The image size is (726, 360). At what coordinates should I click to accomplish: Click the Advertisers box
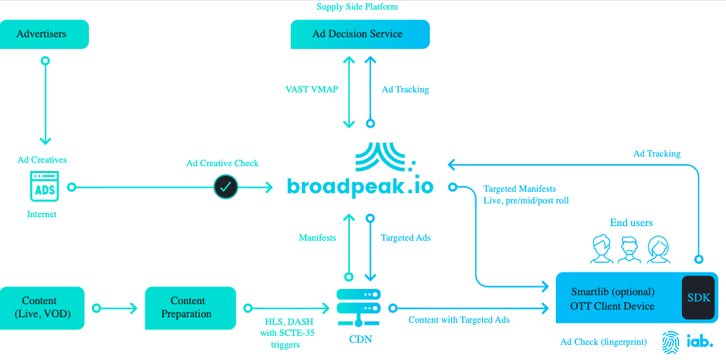pos(45,34)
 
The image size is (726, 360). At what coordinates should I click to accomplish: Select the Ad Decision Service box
pos(360,34)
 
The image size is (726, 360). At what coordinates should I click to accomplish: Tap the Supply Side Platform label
pos(357,7)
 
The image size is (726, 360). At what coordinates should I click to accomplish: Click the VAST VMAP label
pos(312,90)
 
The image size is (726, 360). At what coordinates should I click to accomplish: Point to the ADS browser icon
pos(45,187)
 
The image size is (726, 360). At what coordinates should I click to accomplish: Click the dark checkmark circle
pos(225,187)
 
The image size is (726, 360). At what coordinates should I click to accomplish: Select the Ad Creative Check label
pos(222,163)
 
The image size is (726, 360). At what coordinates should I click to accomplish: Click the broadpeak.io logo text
pos(360,186)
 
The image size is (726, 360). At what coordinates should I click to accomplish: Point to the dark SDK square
pos(698,298)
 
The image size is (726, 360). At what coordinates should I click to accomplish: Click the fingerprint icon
pos(672,342)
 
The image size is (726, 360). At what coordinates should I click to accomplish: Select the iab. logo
pos(700,342)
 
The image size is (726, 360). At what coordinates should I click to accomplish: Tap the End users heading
pos(631,223)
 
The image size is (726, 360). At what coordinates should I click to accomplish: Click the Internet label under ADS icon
pos(42,214)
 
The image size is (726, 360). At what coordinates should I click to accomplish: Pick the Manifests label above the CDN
pos(318,238)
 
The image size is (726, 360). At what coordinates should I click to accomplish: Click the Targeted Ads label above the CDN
pos(406,238)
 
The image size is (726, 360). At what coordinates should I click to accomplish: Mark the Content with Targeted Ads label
pos(459,320)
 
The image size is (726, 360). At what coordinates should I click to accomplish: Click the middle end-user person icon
pos(630,250)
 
